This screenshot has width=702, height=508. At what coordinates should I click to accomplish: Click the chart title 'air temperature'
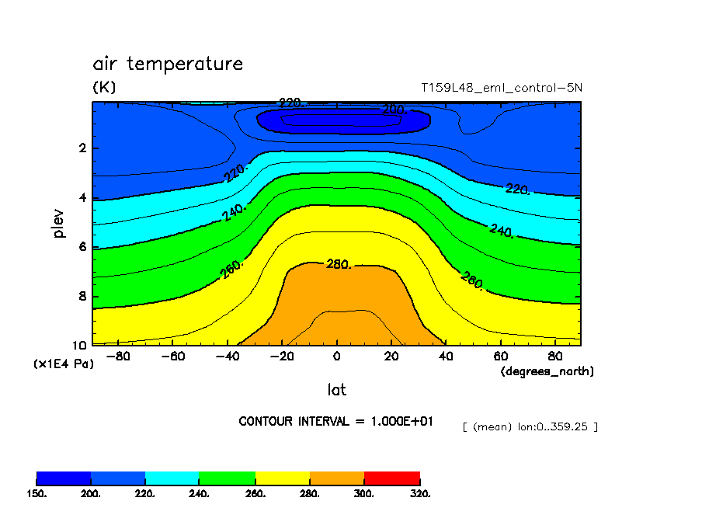pos(168,64)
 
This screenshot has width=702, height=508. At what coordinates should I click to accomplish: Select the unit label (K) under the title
pos(104,88)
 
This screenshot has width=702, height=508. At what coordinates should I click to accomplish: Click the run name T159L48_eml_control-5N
pos(502,88)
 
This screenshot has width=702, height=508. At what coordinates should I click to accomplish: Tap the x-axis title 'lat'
pos(337,389)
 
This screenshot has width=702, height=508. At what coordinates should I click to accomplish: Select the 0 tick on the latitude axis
pos(337,357)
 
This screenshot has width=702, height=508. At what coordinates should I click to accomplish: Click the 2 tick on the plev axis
pos(83,148)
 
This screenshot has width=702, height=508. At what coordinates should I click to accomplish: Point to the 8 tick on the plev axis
pos(83,297)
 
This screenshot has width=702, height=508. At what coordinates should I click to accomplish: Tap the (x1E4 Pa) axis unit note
pos(63,364)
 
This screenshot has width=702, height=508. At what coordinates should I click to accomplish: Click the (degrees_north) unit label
pos(547,371)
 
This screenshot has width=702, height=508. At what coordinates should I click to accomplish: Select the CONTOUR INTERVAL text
pos(335,421)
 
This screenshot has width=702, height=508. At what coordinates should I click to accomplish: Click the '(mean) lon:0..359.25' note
pos(530,427)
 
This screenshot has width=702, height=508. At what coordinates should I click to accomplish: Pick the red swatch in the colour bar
pos(392,477)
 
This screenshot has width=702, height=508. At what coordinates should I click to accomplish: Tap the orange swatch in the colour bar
pos(337,477)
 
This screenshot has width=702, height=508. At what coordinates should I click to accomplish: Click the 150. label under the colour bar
pos(36,493)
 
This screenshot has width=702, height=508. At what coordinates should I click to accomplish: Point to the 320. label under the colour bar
pos(420,493)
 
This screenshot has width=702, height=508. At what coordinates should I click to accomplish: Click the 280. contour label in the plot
pos(339,265)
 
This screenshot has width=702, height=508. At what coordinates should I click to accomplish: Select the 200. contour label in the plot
pos(394,110)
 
